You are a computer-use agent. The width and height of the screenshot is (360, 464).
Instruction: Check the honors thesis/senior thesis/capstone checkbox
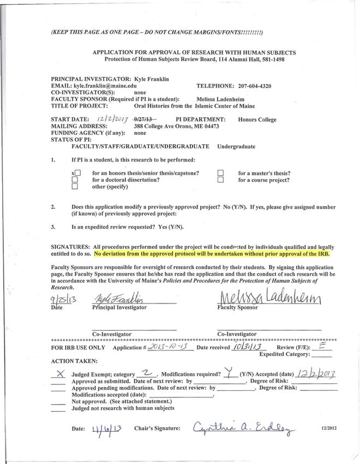77,173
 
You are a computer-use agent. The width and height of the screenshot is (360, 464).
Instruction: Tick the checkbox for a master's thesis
221,173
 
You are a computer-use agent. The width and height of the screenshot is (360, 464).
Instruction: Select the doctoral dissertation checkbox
75,180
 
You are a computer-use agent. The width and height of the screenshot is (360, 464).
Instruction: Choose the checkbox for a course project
221,180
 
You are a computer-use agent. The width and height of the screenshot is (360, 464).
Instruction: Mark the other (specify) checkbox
75,187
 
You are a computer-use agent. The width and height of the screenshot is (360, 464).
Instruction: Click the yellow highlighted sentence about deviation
213,253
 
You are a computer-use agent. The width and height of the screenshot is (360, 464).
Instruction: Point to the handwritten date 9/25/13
61,299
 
